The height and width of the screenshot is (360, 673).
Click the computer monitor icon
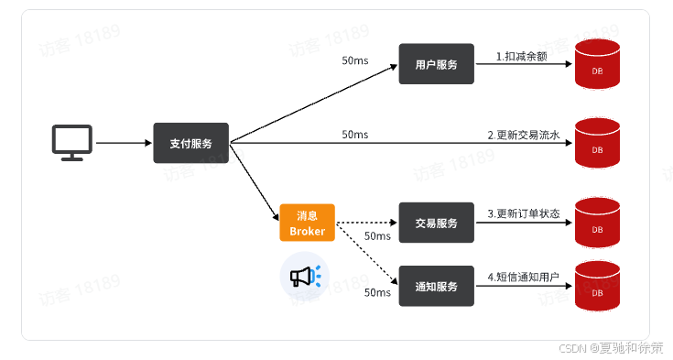71,142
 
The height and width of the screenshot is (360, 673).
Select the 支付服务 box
191,143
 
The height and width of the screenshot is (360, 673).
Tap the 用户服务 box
436,65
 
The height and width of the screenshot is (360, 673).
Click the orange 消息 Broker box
307,223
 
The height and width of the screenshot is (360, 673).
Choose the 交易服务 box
436,223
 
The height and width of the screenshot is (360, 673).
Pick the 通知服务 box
436,287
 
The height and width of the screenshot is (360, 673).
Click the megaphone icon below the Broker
305,277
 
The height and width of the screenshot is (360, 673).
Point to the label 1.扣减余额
523,57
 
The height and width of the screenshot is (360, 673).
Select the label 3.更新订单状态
523,213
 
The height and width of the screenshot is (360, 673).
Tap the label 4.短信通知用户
523,277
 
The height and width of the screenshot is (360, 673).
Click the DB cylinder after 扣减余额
597,65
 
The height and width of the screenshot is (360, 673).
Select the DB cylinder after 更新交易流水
597,144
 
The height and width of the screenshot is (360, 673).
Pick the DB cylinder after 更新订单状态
597,223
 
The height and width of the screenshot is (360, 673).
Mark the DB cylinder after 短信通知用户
597,287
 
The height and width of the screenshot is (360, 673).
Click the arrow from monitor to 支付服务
123,143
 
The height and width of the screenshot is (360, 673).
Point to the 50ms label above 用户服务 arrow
354,60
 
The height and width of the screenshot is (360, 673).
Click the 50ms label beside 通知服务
377,293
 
